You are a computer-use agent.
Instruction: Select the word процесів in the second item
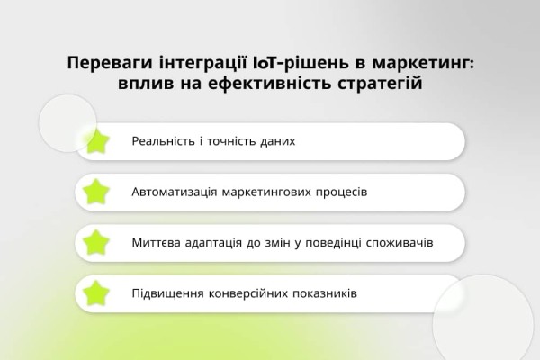339,192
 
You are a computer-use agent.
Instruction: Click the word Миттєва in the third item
157,242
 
